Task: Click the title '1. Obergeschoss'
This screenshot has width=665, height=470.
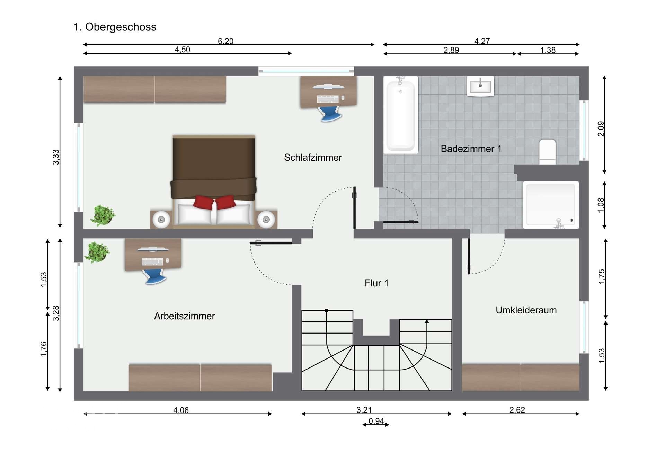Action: pos(115,27)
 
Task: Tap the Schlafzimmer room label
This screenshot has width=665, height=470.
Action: pos(313,158)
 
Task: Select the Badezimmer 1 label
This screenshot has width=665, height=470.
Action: pos(471,149)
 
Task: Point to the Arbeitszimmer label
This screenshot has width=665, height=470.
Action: pos(184,316)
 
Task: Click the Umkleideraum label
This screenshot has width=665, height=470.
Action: pos(526,310)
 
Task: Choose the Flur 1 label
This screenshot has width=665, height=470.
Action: pos(376,283)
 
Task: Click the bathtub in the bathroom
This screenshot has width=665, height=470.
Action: pos(401,115)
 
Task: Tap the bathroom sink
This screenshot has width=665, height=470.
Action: pos(480,86)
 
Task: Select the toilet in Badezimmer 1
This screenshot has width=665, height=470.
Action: pos(547,152)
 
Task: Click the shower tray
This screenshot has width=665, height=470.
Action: pos(551,205)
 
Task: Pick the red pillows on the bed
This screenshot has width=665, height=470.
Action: pos(214,202)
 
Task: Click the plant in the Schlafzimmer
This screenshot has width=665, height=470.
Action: pos(103,215)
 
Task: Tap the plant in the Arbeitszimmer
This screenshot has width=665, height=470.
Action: pos(97,252)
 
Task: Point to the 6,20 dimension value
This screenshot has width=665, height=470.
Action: pos(225,41)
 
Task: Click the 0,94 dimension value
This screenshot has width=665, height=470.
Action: pos(376,421)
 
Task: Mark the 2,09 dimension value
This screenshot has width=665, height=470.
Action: pos(601,128)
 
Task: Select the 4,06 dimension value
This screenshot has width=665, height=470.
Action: pos(181,410)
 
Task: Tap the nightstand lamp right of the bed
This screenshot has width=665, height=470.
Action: pos(266,220)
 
